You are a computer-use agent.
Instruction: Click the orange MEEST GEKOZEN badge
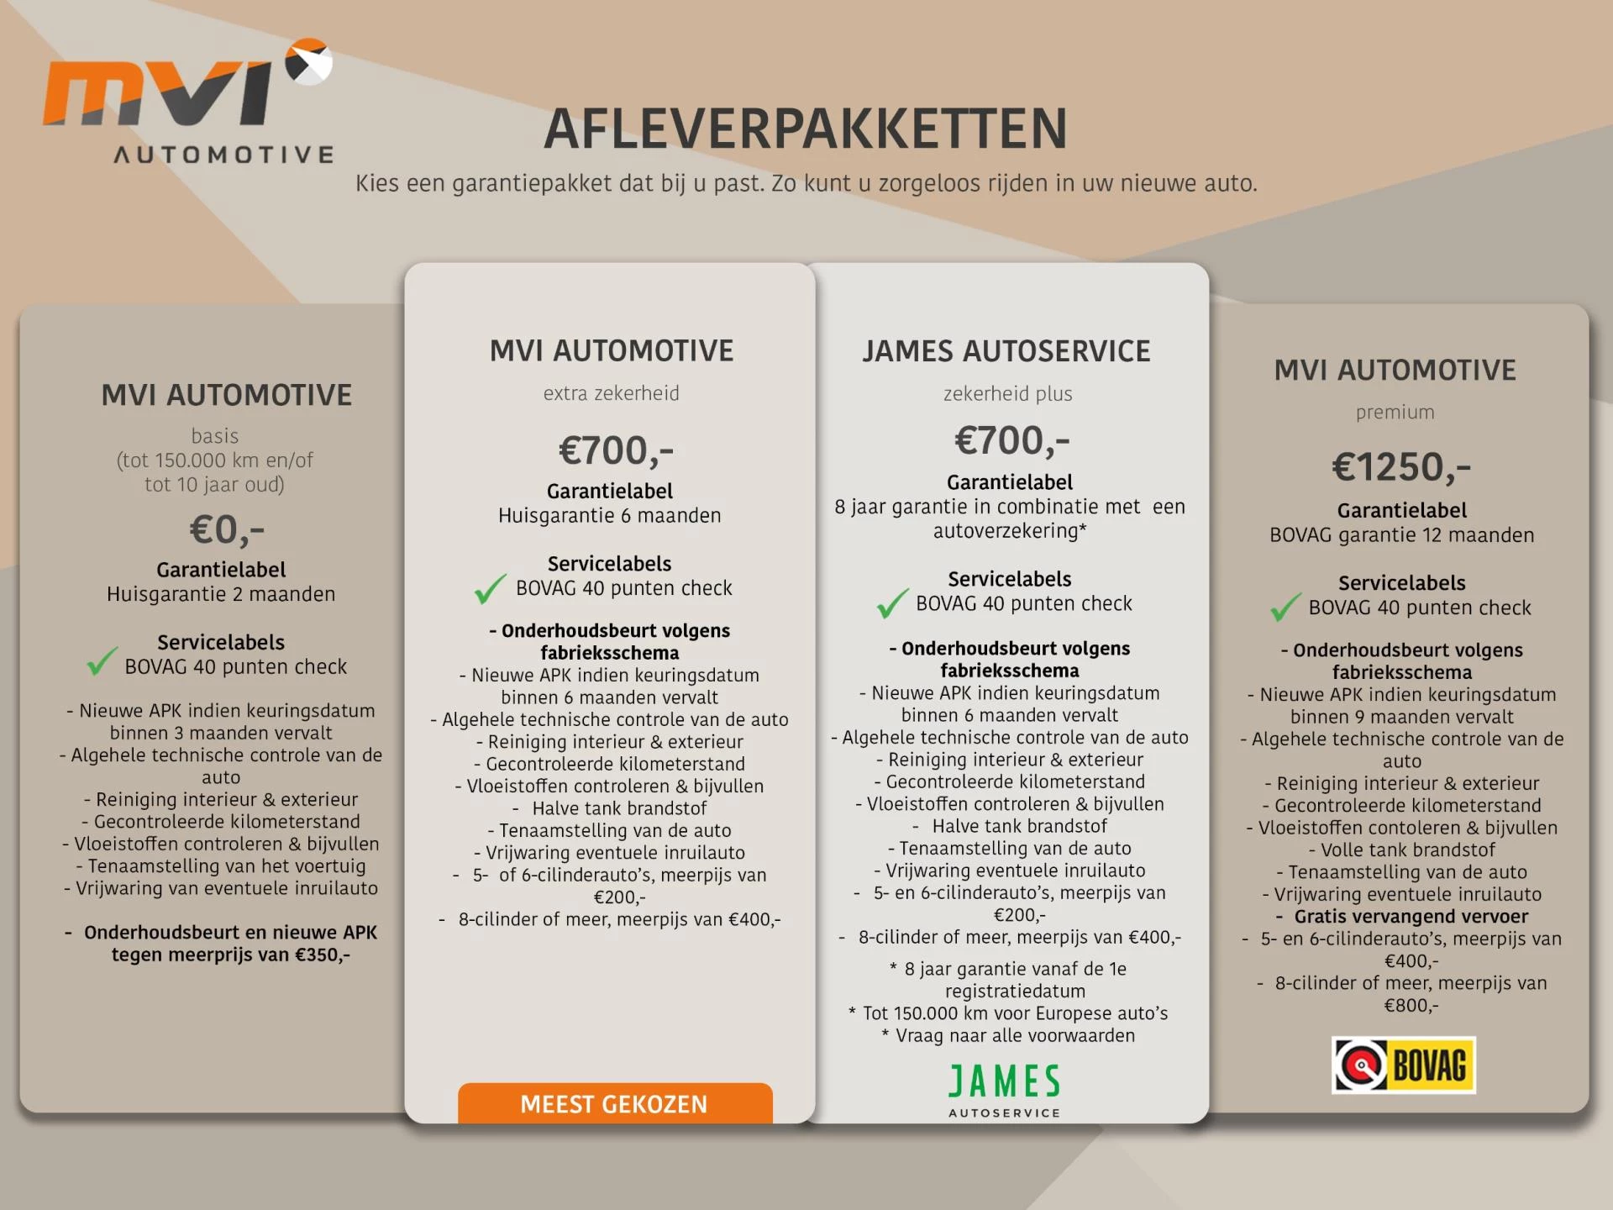coord(614,1103)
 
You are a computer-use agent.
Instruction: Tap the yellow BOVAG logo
coord(1403,1065)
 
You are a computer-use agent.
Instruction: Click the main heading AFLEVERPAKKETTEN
coord(805,129)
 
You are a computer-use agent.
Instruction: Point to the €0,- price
coord(227,529)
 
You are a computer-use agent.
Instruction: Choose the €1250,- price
coord(1401,466)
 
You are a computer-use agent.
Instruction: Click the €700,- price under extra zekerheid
coord(616,450)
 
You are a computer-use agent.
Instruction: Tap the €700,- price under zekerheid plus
coord(1011,440)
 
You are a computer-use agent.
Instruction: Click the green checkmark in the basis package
coord(102,661)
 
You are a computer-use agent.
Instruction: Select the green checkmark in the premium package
coord(1285,606)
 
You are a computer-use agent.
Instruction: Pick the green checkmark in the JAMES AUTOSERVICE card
coord(892,602)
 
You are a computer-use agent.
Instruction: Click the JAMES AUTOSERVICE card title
coord(1006,351)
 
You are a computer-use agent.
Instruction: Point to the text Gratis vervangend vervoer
coord(1411,916)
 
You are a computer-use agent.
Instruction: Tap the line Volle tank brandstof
coord(1407,850)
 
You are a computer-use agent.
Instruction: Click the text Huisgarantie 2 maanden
coord(221,594)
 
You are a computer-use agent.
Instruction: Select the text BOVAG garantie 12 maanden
coord(1401,534)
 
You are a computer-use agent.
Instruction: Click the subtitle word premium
coord(1395,412)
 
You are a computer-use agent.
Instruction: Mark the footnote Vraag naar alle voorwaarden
coord(1015,1035)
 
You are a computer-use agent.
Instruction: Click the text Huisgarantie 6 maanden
coord(609,515)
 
